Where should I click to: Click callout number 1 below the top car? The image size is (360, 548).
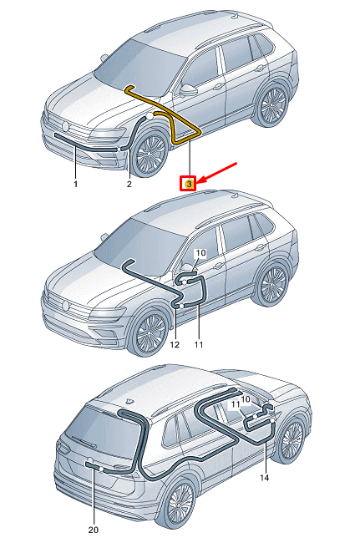click(74, 183)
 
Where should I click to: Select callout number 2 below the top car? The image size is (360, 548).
click(129, 183)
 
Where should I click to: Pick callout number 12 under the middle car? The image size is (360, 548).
click(174, 343)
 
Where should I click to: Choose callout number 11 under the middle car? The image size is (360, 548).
click(199, 343)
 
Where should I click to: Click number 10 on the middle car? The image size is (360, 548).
click(200, 252)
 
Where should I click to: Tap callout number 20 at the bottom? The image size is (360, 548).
click(94, 530)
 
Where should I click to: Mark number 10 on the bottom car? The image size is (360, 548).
click(245, 400)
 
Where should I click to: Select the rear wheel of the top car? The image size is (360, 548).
click(271, 107)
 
